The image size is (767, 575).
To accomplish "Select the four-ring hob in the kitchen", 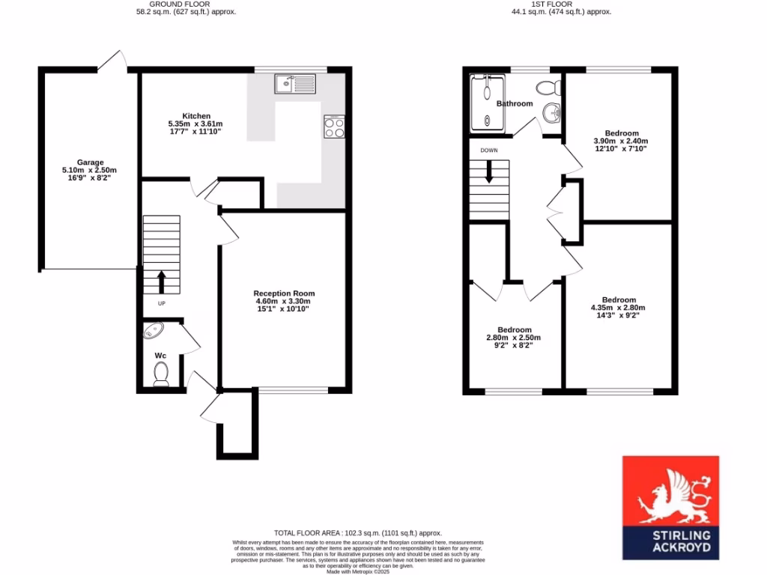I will pos(334,127).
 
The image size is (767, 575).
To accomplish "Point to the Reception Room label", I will pos(284,293).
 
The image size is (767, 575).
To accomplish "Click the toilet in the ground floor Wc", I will pos(160,373).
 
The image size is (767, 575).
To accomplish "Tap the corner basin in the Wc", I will pos(153,330).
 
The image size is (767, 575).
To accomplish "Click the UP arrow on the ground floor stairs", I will pos(161,281).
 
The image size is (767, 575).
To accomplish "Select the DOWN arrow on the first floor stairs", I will pos(489,172).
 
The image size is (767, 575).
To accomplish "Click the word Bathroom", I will pos(515,103).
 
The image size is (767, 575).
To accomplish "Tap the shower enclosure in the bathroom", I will pos(486,103).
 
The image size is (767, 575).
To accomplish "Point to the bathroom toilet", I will pos(554,84).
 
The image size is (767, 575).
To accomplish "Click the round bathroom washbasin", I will pos(552,112).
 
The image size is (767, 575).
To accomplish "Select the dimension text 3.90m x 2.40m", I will pos(620,141).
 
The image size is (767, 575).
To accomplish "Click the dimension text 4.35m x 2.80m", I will pos(618,308).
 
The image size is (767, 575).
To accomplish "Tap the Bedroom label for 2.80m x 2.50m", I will pos(515,329).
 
